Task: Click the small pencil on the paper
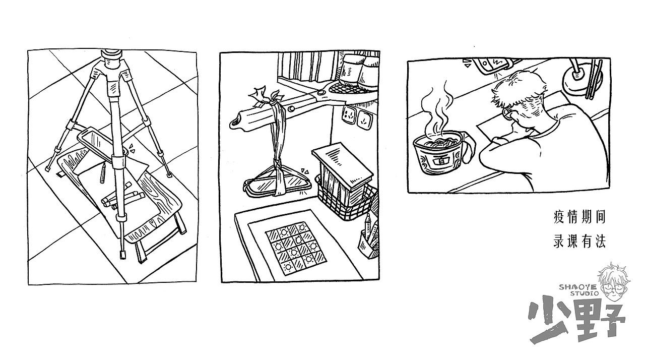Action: tap(102, 173)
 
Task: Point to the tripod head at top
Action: tap(112, 59)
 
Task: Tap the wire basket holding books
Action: tap(346, 199)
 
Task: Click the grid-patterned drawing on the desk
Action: tap(295, 248)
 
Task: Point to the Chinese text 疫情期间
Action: tap(579, 217)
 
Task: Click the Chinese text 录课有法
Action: tap(579, 242)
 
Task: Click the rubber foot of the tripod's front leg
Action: tap(123, 255)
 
